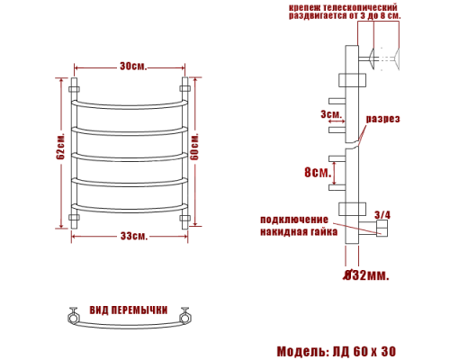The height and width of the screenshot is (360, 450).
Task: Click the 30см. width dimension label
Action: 133,66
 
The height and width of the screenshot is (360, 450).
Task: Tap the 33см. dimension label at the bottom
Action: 134,236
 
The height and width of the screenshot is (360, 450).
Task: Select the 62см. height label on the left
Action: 60,146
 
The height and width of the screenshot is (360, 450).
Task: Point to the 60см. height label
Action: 194,146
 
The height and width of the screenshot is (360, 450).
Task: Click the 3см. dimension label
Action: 331,114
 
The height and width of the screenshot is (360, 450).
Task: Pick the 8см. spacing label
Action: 318,172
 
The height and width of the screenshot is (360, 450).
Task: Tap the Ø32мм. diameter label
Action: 366,274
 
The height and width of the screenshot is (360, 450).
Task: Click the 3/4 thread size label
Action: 382,215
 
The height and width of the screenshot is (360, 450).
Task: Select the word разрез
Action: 382,119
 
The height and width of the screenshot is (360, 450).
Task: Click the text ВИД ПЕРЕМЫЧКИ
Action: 129,310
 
